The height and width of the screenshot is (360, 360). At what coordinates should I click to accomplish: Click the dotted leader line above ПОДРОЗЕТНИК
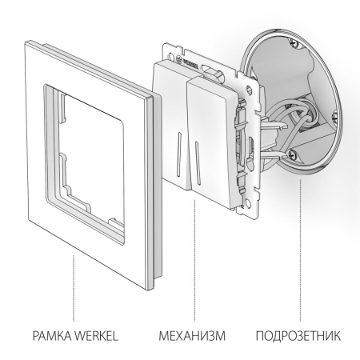(299, 256)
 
